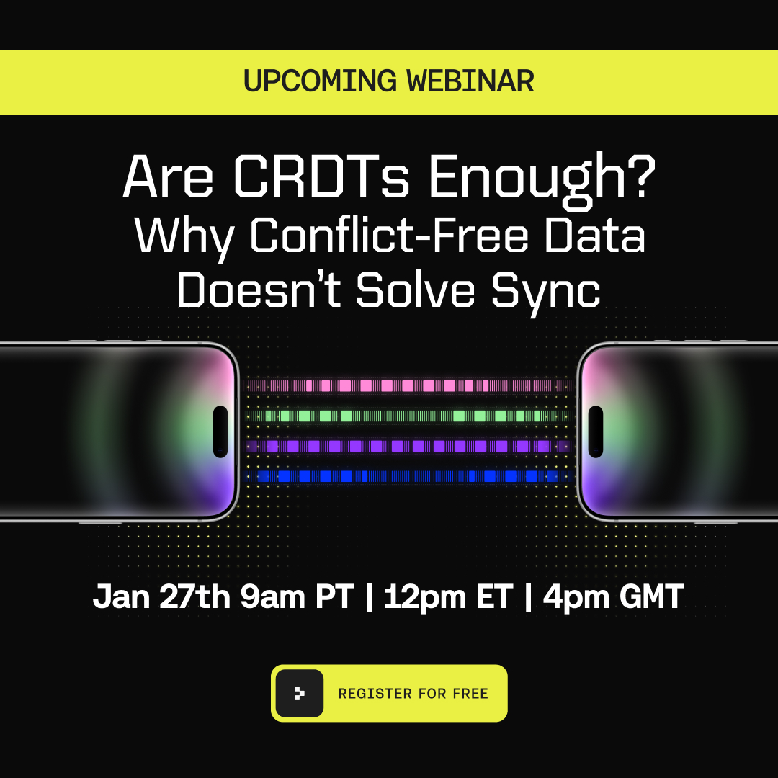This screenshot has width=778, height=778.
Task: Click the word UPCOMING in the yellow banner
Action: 311,81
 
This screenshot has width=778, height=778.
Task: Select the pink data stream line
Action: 407,386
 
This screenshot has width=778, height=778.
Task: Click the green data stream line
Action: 407,416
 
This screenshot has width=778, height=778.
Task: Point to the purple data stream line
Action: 407,446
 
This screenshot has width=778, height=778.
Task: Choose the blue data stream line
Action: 407,476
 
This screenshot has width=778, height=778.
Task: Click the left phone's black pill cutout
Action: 220,432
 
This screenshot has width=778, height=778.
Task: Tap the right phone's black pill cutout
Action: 596,432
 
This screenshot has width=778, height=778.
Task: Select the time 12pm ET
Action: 447,597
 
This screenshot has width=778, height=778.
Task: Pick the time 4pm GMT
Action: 613,597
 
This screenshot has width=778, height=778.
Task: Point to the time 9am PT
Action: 298,597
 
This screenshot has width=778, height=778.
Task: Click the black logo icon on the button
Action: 300,693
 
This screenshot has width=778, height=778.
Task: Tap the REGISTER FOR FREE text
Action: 413,694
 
